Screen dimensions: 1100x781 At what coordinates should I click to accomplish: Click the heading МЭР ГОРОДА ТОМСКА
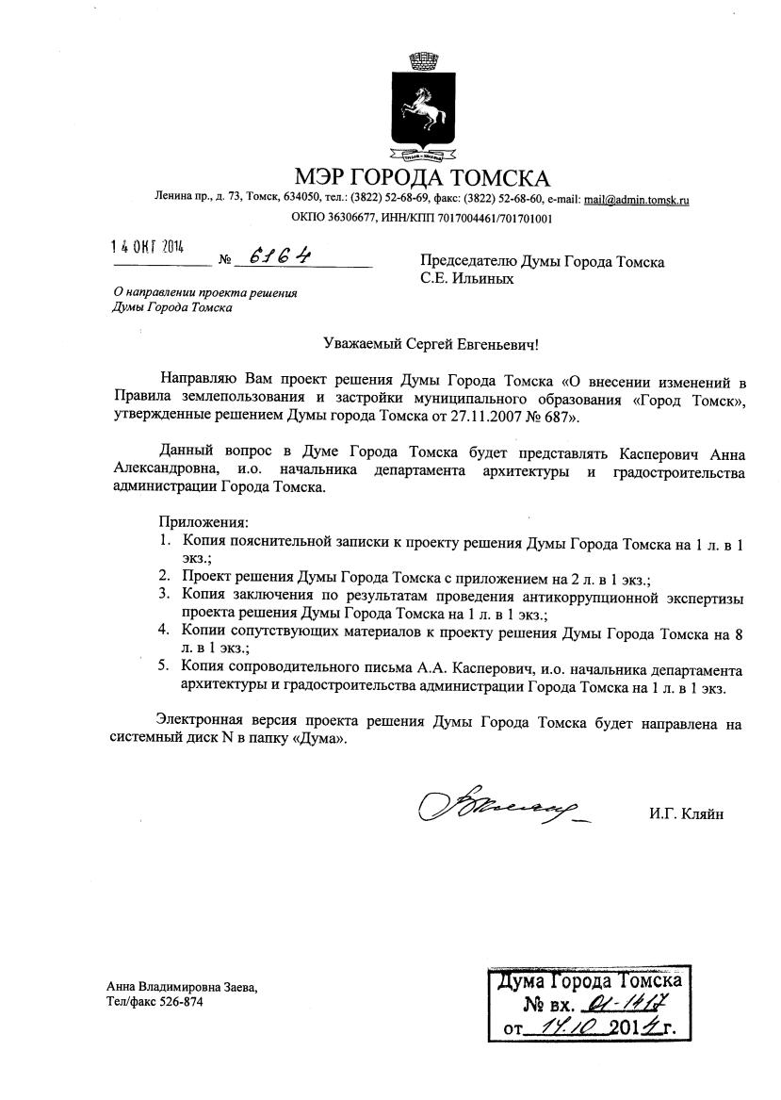(x=421, y=177)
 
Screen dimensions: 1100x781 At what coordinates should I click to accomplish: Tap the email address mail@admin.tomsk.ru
(x=637, y=200)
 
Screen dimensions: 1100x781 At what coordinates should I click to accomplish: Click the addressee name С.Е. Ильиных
(x=467, y=278)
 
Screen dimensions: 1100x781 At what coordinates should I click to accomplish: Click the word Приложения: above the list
(x=203, y=521)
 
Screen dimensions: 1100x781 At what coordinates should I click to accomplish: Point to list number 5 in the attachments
(x=163, y=666)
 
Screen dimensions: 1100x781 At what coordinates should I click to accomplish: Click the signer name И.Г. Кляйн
(x=686, y=813)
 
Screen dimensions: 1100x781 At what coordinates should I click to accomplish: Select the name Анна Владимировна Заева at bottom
(x=182, y=987)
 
